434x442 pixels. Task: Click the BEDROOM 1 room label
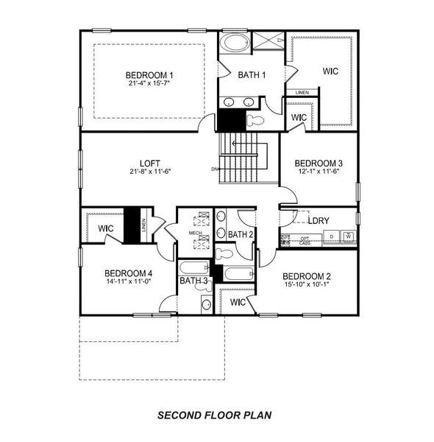149,75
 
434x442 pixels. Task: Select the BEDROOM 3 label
319,163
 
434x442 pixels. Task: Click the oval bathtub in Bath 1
235,42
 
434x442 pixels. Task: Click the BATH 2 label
241,234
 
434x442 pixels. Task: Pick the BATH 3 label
194,281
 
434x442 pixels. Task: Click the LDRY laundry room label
318,220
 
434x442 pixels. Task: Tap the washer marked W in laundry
349,236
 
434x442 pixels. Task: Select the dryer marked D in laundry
331,236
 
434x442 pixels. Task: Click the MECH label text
195,233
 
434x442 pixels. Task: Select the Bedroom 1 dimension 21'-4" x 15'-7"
149,84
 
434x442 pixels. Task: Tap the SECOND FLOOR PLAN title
215,415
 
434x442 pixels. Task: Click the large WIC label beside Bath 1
330,71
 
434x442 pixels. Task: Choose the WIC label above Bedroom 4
106,228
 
